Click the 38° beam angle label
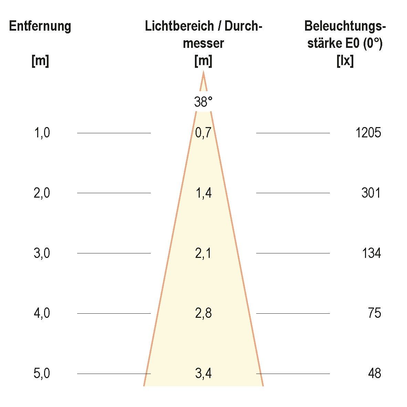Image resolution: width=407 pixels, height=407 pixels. pos(203,102)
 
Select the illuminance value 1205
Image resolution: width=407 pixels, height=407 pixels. pos(368,133)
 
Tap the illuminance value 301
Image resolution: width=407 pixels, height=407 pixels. pos(371,193)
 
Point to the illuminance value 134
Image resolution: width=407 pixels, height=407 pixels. pos(371,253)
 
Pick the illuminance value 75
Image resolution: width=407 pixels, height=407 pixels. pos(374,313)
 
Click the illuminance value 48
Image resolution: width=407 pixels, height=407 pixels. pos(374,374)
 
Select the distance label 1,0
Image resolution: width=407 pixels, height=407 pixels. pos(42,133)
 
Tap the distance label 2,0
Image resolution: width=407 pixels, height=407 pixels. pos(42,193)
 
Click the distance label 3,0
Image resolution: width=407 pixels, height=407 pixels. pos(42,253)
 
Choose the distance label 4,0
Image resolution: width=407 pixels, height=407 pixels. pos(42,313)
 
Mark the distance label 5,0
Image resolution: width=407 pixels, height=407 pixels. pos(42,374)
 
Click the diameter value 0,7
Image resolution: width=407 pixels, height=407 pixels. pos(203,133)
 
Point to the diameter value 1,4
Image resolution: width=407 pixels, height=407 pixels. pos(203,193)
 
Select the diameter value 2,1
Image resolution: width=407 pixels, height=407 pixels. pos(203,253)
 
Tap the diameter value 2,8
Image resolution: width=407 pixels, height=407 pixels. pos(203,313)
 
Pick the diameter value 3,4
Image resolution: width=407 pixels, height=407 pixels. pos(203,374)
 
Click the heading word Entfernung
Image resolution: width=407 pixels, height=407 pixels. pos(40,27)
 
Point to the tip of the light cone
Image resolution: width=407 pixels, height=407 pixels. pos(203,72)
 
